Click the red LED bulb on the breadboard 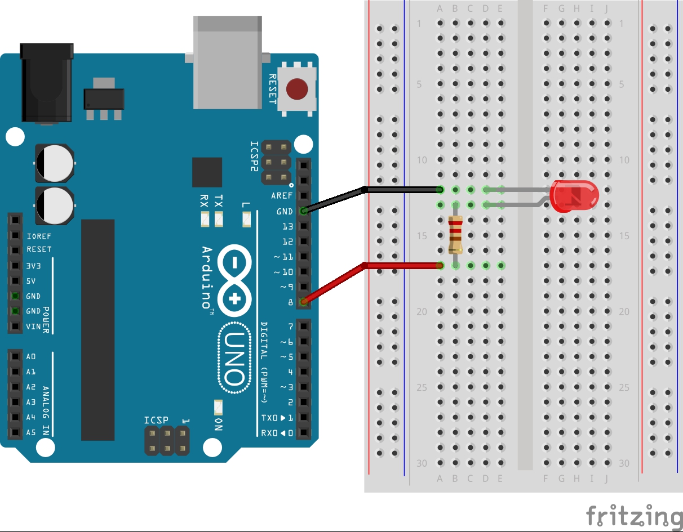coord(574,196)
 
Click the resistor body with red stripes coord(455,235)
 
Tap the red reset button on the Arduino coord(297,89)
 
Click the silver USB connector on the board coord(228,62)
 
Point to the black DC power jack coord(47,83)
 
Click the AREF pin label coord(282,196)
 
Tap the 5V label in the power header coord(31,281)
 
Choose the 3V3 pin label coord(33,266)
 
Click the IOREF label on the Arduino coord(39,236)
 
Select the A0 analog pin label coord(31,356)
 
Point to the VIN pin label coord(33,327)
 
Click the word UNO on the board coord(234,358)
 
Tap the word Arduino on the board coord(207,278)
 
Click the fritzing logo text coord(635,515)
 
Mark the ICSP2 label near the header coord(254,157)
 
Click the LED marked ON coord(218,408)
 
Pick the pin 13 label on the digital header coord(287,226)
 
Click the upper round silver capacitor coord(55,163)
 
